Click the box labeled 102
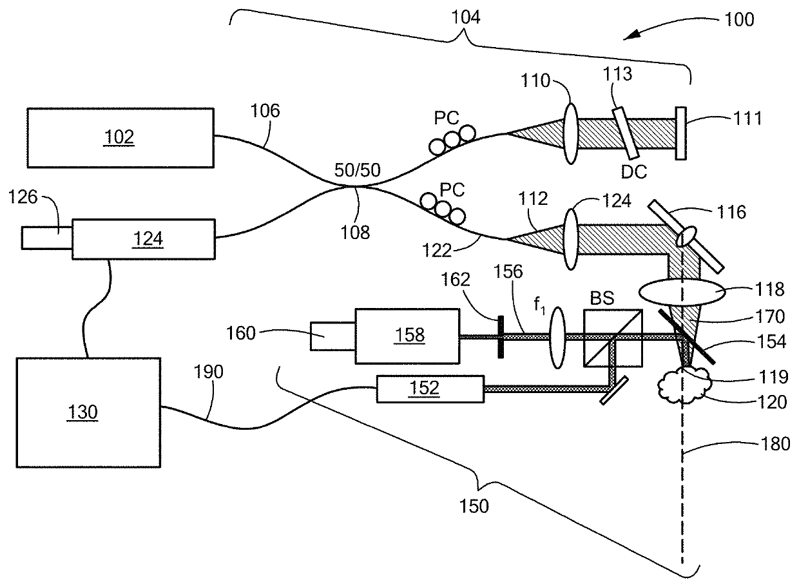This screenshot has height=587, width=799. click(x=120, y=138)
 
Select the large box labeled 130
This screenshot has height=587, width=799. click(x=88, y=412)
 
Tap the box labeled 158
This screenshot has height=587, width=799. click(x=407, y=336)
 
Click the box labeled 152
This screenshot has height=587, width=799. click(x=430, y=389)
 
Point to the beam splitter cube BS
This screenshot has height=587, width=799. click(x=613, y=338)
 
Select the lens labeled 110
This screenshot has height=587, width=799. click(x=571, y=134)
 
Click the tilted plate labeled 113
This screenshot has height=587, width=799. click(x=626, y=133)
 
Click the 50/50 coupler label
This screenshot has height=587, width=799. click(x=358, y=170)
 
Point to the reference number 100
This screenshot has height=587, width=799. click(x=740, y=19)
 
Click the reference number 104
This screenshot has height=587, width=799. click(x=466, y=17)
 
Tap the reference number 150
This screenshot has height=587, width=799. click(x=474, y=506)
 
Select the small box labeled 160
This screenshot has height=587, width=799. click(x=332, y=336)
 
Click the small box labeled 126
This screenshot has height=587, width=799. click(x=47, y=238)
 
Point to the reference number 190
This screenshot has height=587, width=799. click(x=208, y=372)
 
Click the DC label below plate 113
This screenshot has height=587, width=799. click(x=634, y=172)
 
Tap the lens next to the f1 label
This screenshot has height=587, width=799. click(x=558, y=338)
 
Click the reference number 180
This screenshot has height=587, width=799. click(x=775, y=444)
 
